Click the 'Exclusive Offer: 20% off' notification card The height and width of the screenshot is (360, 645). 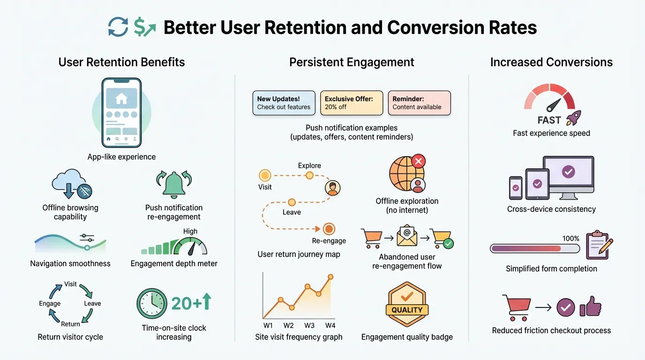point(351,103)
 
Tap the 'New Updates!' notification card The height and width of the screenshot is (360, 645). point(284,103)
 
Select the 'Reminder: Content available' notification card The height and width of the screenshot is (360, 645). point(419,103)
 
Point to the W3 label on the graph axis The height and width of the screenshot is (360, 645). point(309,325)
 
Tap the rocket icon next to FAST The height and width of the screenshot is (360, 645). point(573,119)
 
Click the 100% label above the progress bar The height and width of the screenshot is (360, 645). point(570,239)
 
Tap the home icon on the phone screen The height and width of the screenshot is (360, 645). point(121,98)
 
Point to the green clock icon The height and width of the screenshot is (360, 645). point(151,304)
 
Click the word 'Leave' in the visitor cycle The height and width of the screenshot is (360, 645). point(92,303)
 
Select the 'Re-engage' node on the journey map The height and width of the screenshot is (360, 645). point(329,229)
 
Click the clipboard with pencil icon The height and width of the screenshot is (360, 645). point(600,244)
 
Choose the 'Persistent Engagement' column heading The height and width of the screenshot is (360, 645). point(352,62)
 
